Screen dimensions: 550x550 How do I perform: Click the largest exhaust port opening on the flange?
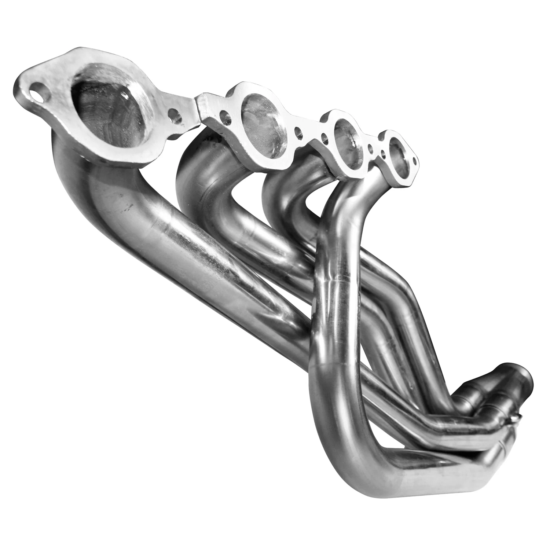[x=110, y=106]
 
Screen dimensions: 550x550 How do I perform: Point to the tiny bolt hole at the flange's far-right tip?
[x=415, y=160]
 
